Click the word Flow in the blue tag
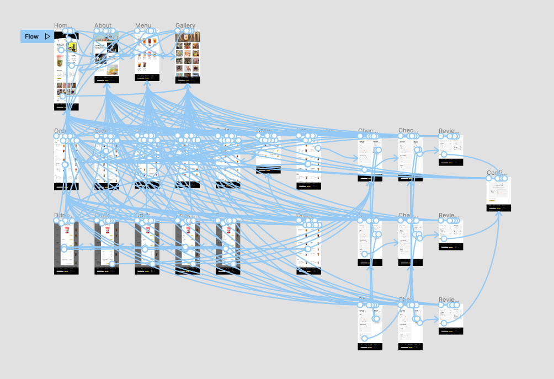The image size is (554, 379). click(31, 36)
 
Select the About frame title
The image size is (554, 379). click(103, 26)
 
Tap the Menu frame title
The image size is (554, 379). click(143, 26)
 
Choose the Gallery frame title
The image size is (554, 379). click(185, 26)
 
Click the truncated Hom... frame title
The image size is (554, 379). click(62, 26)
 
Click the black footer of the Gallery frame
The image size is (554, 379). click(188, 80)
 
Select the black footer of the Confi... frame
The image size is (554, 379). click(499, 207)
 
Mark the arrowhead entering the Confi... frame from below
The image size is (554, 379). click(500, 213)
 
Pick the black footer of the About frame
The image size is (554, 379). click(106, 79)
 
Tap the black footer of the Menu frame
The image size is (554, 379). click(147, 79)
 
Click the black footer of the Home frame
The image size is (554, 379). click(66, 106)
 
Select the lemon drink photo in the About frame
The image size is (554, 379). click(113, 70)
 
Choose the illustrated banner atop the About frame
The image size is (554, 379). click(106, 36)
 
